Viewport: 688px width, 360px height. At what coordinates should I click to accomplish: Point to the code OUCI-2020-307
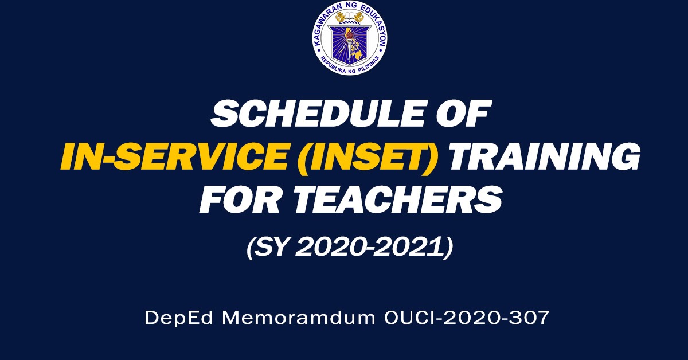[465, 318]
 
